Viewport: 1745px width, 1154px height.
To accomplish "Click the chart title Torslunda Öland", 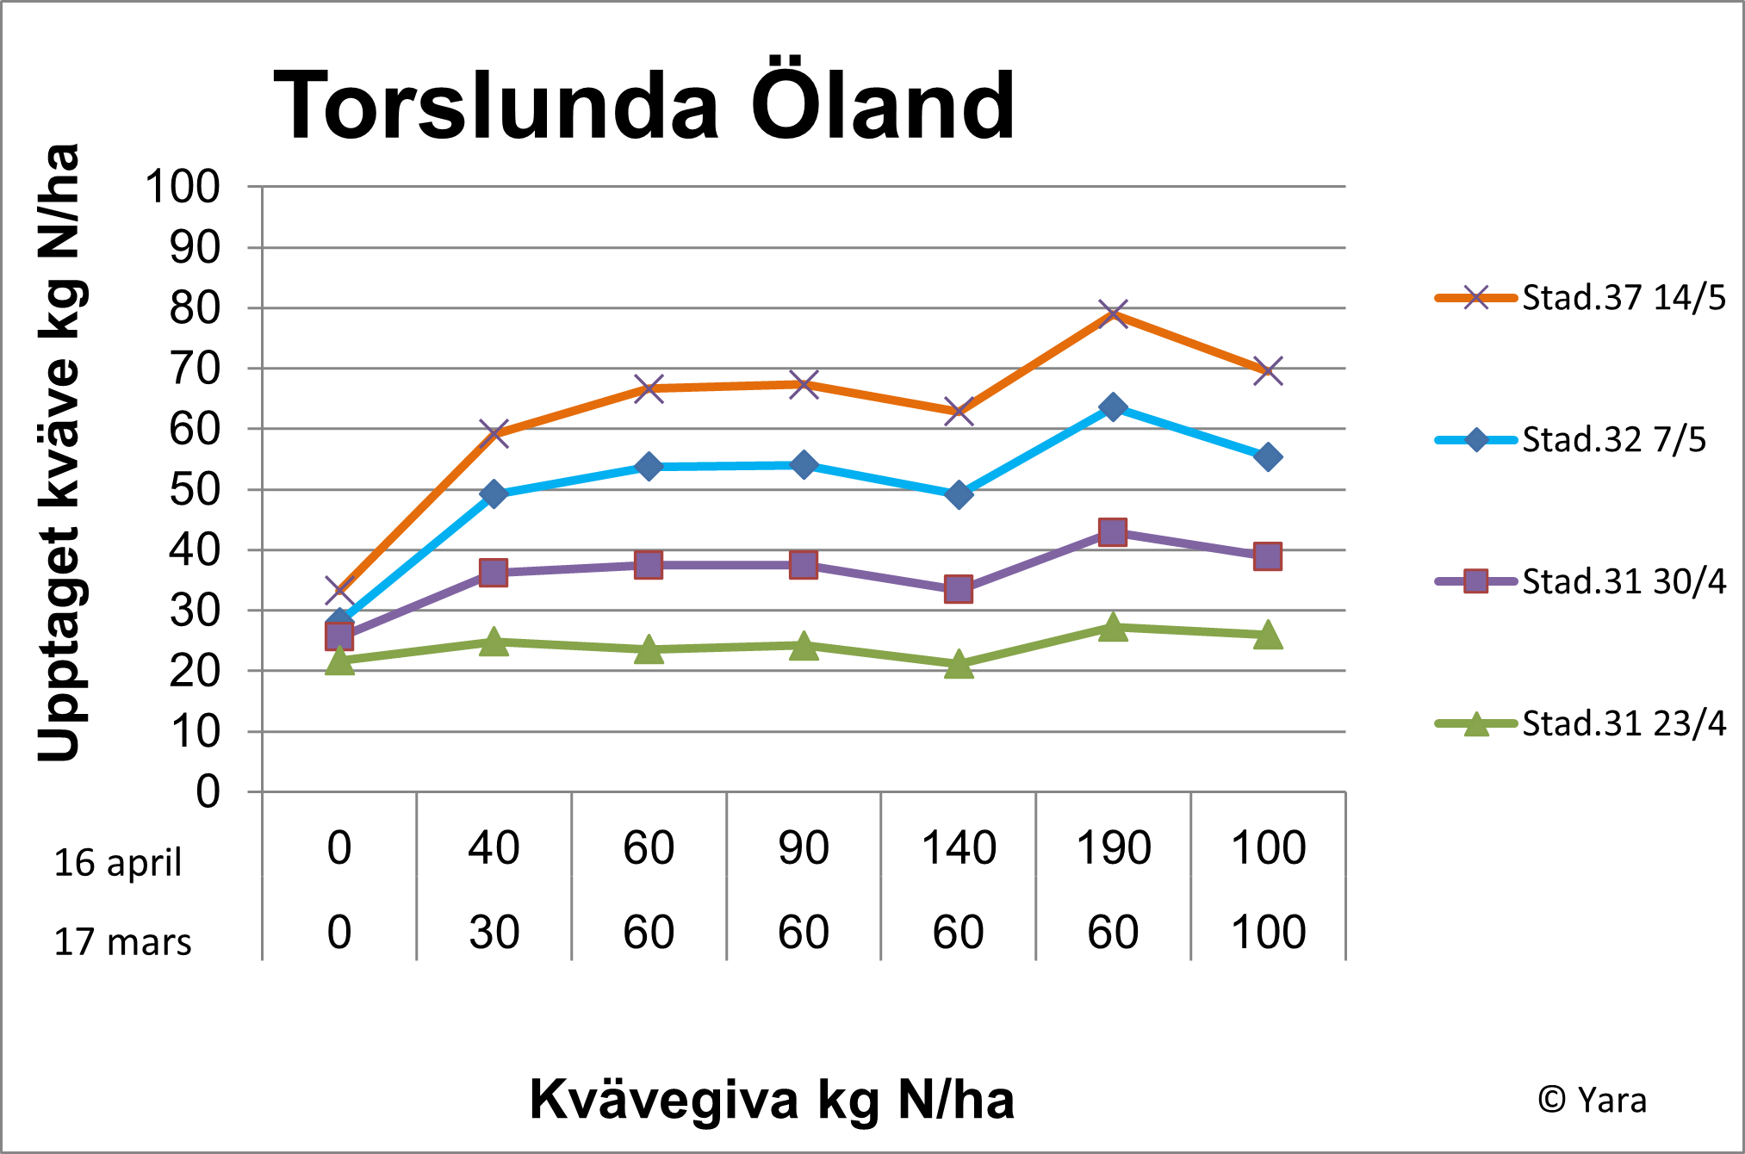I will (x=643, y=105).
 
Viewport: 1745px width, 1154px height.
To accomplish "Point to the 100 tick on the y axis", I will (x=183, y=187).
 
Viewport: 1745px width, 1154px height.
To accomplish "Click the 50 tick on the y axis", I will (x=195, y=490).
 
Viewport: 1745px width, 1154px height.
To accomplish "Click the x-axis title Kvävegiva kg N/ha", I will (x=772, y=1100).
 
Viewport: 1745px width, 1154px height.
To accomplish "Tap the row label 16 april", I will (x=118, y=863).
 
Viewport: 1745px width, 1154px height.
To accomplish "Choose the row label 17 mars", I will (x=122, y=942).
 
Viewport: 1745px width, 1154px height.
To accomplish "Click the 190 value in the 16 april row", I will (x=1113, y=848).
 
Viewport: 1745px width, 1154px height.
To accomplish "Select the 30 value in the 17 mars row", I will (x=494, y=933).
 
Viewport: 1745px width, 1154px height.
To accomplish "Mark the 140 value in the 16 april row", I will (x=959, y=848).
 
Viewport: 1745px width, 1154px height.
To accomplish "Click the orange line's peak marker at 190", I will (x=1113, y=313).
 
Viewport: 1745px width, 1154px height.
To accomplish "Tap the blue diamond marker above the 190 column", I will (x=1113, y=406).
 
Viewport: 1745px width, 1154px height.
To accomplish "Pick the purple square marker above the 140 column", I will (x=959, y=589).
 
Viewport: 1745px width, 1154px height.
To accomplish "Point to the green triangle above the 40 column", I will (x=494, y=642).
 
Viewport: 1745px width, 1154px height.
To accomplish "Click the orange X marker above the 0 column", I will (x=339, y=591).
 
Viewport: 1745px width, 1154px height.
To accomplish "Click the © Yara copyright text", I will (x=1592, y=1101).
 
